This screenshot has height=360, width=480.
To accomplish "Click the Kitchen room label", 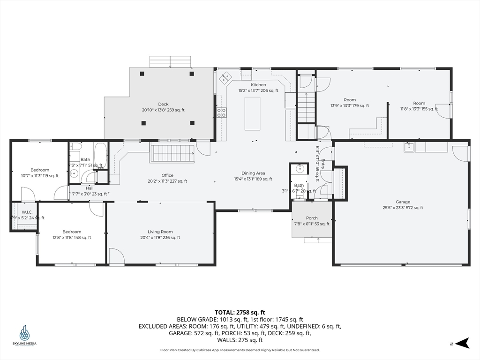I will (258, 85).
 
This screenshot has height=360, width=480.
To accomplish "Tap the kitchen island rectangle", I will (252, 113).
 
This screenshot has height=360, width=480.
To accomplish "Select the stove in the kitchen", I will (221, 112).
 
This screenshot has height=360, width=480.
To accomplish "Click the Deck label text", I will (163, 104).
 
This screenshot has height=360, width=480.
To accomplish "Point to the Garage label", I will (403, 202).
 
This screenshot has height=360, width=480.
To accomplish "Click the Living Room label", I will (160, 232).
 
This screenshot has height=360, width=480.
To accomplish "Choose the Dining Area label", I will (253, 173).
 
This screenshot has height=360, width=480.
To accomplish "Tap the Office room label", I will (167, 175).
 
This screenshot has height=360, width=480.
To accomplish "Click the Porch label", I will (312, 218).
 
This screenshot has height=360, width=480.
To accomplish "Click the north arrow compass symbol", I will (462, 343).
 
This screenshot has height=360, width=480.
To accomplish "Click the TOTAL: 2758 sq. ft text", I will (240, 312).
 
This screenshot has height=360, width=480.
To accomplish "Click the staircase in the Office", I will (172, 153).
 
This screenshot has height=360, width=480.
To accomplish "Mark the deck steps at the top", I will (170, 61).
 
